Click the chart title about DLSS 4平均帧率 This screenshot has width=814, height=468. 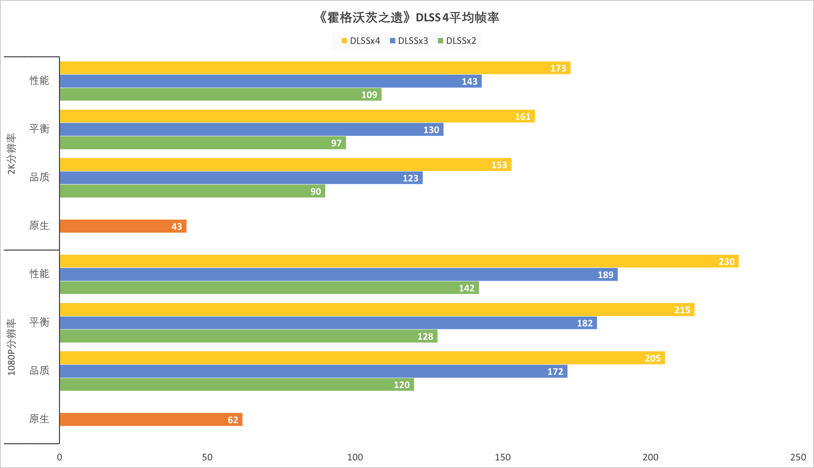tap(408, 17)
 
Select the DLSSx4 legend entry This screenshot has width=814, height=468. tap(361, 41)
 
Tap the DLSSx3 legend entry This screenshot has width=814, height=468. tap(409, 41)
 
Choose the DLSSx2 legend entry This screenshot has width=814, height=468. tap(457, 41)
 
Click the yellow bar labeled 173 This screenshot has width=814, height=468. tap(315, 68)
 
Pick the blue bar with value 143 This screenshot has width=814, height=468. tap(270, 81)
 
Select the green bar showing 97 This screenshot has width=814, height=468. tap(203, 143)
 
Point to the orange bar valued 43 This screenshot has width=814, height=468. tap(123, 226)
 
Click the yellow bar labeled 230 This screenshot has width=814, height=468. tap(399, 261)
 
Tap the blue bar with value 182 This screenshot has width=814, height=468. tap(328, 323)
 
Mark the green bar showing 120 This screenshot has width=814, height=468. tap(237, 385)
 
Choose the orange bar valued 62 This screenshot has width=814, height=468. tap(151, 419)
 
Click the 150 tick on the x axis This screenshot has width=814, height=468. tap(503, 457)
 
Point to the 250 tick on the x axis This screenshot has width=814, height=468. tap(798, 457)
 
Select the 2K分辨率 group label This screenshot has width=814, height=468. tap(12, 154)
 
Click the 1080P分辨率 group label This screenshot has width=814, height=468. tap(12, 347)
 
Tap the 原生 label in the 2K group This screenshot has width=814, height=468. tap(39, 225)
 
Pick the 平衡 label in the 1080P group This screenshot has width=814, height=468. tap(39, 322)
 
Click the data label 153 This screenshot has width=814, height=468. tap(499, 165)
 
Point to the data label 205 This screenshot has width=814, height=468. tap(652, 358)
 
